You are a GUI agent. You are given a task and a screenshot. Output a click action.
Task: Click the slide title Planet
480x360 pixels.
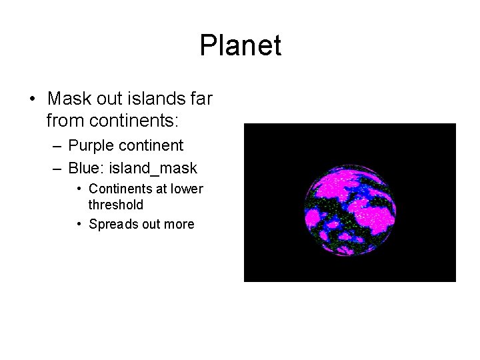240,46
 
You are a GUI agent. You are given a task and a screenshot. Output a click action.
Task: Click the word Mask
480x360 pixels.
69,99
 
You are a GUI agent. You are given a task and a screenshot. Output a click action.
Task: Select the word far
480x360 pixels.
201,99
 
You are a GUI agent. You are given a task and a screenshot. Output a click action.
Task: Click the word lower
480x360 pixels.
187,189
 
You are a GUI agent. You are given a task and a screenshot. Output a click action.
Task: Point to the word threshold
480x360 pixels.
115,205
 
